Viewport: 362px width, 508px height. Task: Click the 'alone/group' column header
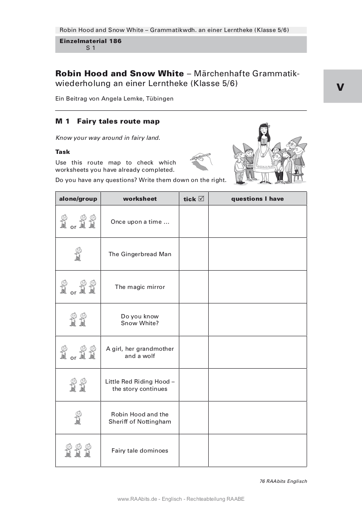(78, 199)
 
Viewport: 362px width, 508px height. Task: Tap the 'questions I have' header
(257, 199)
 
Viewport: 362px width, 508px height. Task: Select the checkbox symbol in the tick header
(201, 199)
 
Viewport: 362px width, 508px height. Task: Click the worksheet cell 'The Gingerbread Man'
(140, 254)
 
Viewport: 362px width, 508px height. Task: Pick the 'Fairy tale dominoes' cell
(140, 450)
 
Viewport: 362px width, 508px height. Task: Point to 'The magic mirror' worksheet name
(140, 287)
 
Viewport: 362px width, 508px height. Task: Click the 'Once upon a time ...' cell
(140, 222)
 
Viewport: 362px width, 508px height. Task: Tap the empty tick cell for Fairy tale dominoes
(193, 450)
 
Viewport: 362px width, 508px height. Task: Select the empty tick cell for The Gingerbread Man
(193, 254)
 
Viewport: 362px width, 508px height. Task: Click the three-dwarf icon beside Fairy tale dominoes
(78, 450)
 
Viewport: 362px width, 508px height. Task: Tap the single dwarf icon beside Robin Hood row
(78, 418)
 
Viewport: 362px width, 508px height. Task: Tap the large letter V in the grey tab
(340, 87)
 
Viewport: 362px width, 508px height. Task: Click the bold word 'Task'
(63, 152)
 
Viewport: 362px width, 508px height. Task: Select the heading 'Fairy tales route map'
(118, 121)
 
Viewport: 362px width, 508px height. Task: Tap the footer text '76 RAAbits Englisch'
(283, 481)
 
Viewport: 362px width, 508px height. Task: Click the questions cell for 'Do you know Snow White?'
(257, 320)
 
